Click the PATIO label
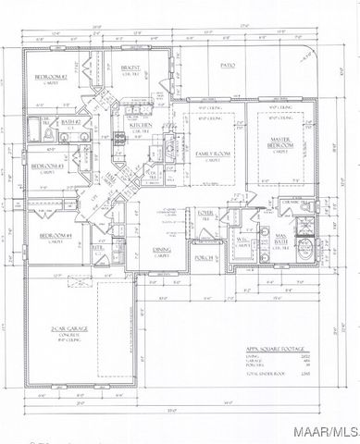(x=229, y=66)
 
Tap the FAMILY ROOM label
(x=213, y=153)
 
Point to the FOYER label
(x=205, y=214)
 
